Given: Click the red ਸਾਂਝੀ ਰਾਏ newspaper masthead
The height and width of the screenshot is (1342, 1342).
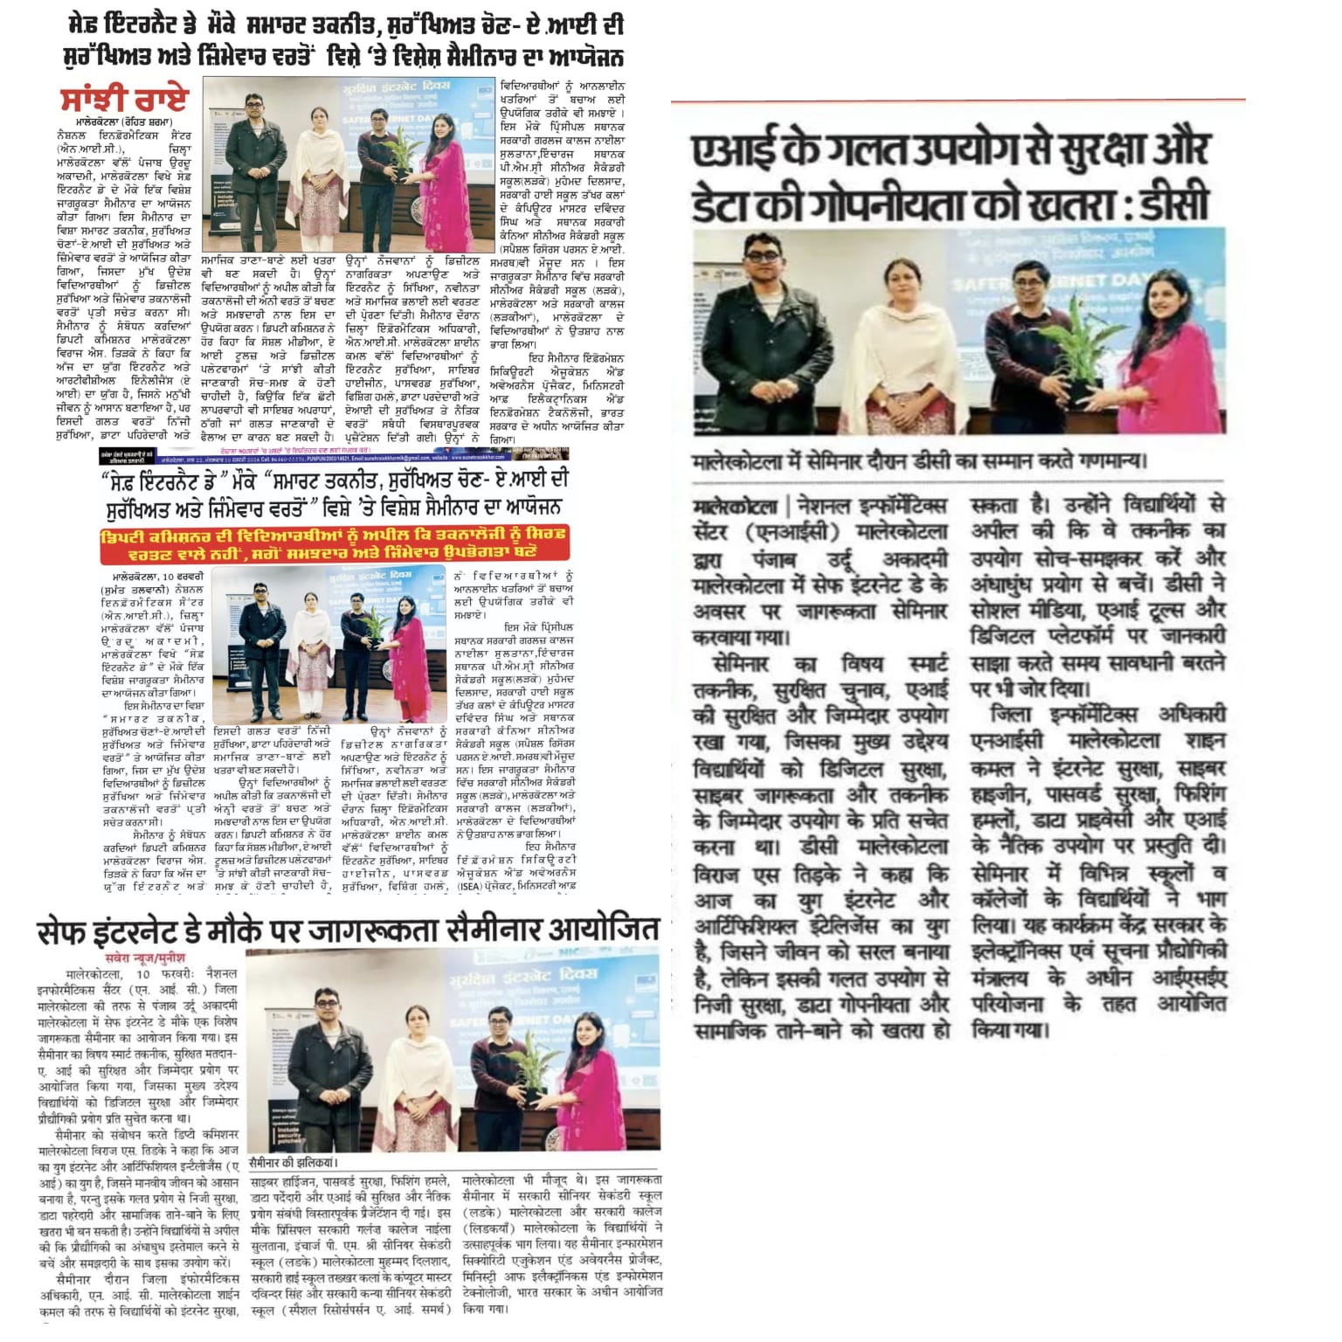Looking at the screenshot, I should coord(124,99).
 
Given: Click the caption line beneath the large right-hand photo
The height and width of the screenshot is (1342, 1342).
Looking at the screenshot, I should coord(918,461).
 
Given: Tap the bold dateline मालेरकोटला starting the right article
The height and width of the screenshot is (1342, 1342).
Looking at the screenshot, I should coord(735,507).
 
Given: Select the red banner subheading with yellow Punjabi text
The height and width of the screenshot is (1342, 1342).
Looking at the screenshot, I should coord(334,543).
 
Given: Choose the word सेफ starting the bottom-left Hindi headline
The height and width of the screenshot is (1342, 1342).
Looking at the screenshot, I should coord(64,931).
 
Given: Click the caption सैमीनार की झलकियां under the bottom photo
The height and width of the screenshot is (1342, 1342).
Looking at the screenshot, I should coord(293,1163).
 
